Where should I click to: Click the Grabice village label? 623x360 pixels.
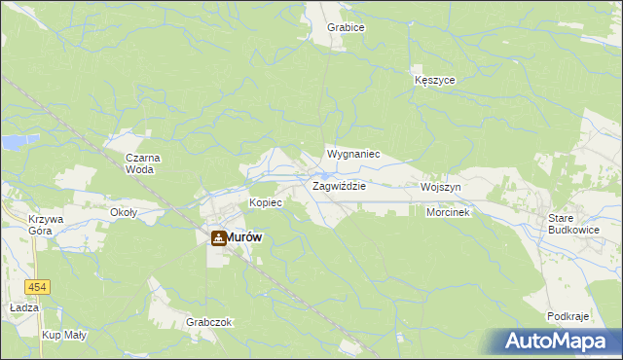pos(346,27)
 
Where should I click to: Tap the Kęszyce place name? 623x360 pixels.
pos(434,80)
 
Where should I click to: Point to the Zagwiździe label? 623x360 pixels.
pos(339,186)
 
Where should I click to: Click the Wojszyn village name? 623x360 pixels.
pos(440,186)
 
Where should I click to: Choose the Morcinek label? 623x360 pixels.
pos(448,212)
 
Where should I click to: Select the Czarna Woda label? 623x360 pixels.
pos(143,162)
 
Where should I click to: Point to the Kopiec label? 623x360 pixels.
pos(265,202)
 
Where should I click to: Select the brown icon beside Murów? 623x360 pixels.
pos(218,236)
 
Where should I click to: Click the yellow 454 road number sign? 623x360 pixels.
pos(38,287)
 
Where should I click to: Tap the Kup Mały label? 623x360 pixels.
pos(61,335)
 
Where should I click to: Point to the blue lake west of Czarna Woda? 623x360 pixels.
pos(14,142)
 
